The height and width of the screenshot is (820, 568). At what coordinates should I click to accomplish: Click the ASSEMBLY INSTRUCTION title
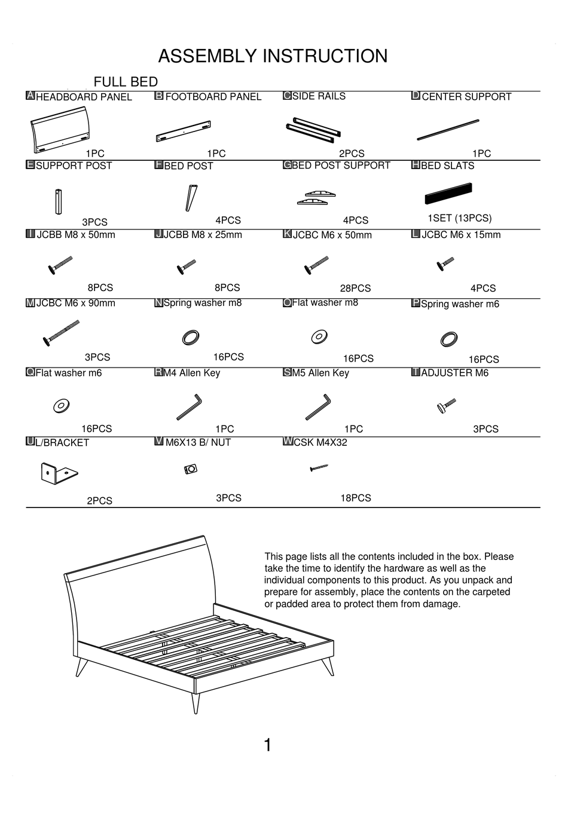coord(273,56)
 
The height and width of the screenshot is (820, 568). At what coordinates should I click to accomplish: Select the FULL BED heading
coord(126,82)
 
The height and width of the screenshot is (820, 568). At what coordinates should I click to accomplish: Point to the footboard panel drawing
coord(183,131)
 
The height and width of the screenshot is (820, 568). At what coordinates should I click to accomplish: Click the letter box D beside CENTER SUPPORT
coord(416,96)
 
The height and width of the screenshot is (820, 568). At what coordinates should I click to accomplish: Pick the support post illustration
coord(59,201)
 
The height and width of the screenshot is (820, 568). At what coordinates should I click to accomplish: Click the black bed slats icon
coord(448,193)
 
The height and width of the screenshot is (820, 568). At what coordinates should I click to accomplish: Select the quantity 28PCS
coord(355,288)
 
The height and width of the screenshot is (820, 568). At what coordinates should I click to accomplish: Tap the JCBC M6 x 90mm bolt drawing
coord(61,333)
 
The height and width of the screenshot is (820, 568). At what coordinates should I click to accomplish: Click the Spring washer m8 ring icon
coord(191,338)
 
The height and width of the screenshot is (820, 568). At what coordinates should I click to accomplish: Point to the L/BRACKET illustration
coord(58,473)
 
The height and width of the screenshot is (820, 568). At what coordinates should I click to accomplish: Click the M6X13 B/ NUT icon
coord(191,470)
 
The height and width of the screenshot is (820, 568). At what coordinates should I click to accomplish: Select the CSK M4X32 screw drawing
coord(319,468)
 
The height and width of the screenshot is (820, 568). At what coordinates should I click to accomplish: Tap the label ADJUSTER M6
coord(454,373)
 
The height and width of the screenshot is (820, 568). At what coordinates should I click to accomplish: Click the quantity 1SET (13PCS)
coord(459,218)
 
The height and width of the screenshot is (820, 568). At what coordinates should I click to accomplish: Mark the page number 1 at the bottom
coord(268,745)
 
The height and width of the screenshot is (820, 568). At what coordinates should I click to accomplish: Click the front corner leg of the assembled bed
coord(196,703)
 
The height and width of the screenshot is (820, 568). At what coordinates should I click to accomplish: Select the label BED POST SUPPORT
coord(341,166)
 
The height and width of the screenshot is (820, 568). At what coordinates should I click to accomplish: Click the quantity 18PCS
coord(356,498)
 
